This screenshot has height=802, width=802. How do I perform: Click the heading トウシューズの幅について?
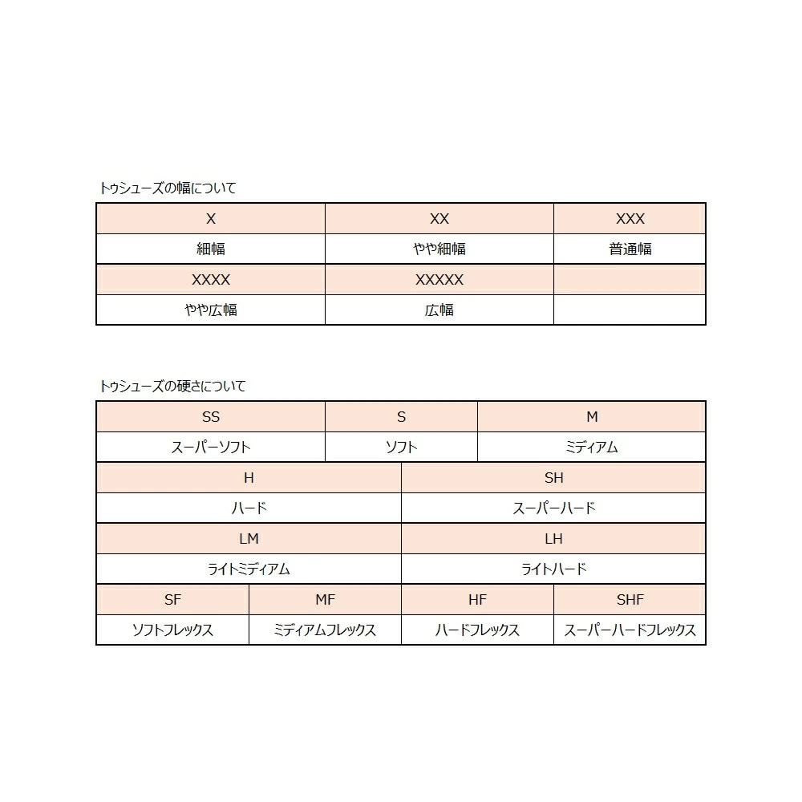coord(168,188)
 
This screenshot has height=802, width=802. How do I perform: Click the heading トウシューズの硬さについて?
coord(172,387)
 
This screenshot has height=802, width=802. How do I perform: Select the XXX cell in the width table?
coord(630,219)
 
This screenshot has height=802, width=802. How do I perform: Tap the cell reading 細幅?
coord(211,249)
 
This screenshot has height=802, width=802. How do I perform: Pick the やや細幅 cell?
coord(439,249)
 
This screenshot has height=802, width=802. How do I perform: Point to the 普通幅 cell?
coord(630,249)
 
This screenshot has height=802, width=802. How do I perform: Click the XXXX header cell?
coord(211,280)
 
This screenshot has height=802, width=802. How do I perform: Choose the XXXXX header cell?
coord(439,280)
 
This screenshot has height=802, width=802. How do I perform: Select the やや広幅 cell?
coord(211,310)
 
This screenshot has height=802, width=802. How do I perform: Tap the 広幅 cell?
coord(439,310)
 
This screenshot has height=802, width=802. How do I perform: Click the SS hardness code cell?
coord(211,417)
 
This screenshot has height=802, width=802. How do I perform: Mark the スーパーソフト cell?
coord(211,448)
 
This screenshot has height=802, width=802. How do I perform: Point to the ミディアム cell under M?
coord(591,448)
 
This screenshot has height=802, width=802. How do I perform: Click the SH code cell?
coord(553,478)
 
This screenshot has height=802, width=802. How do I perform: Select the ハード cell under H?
coord(249,508)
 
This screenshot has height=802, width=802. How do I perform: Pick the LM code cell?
coord(249,539)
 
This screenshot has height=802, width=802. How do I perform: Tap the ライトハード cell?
coord(553,569)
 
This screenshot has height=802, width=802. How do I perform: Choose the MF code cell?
coord(325,600)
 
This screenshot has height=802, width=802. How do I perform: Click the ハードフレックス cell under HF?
coord(477,630)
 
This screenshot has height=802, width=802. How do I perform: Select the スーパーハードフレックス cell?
coord(630,630)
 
